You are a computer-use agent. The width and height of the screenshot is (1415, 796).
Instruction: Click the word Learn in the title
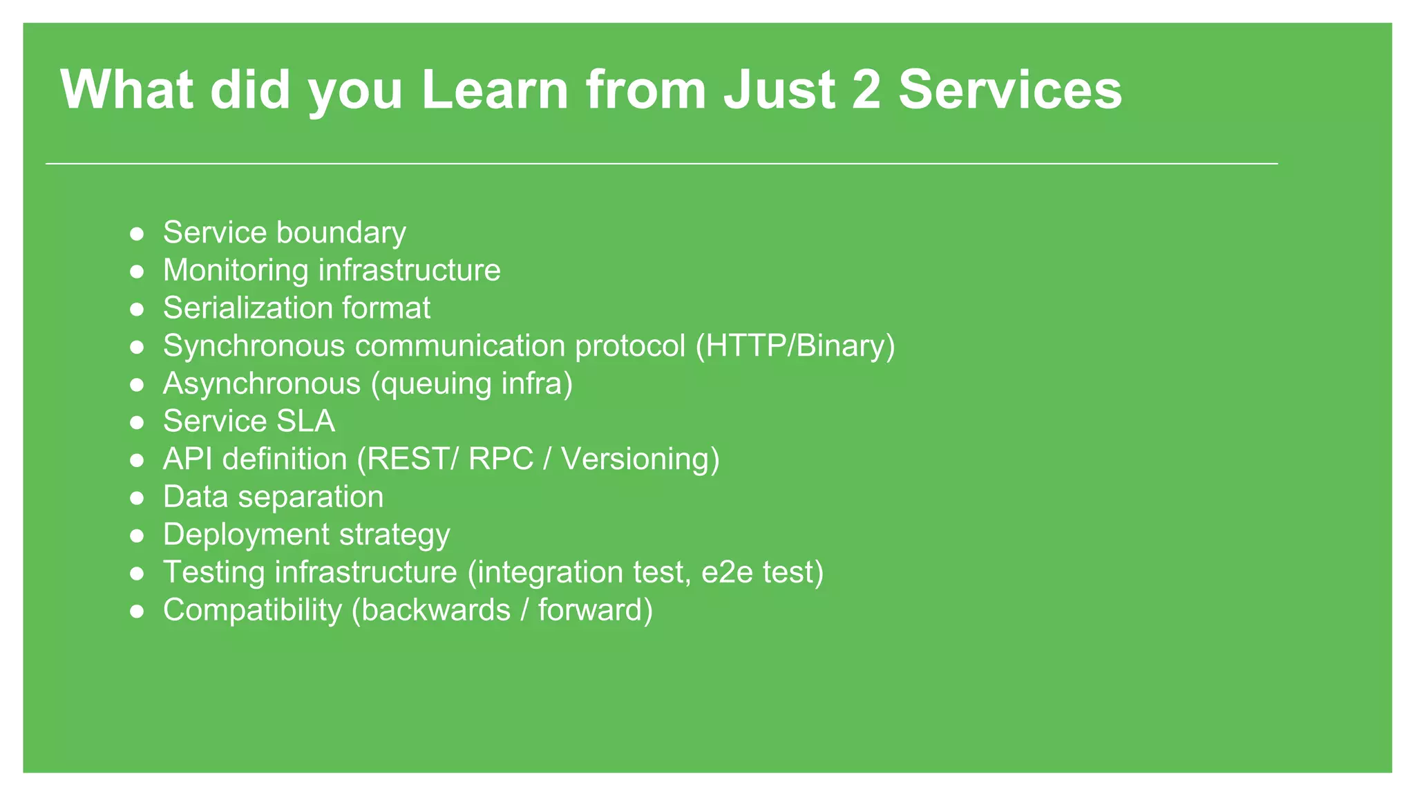click(x=494, y=90)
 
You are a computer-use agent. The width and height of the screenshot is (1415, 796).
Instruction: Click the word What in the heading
click(x=127, y=90)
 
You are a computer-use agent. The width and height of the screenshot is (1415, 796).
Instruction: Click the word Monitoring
click(x=236, y=270)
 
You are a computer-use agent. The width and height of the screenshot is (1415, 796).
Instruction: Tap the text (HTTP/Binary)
click(x=795, y=346)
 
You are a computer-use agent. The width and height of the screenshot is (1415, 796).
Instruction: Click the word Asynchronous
click(x=261, y=383)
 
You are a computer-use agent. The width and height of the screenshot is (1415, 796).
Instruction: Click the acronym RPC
click(x=501, y=459)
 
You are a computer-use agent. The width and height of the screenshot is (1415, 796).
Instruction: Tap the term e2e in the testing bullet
click(x=726, y=573)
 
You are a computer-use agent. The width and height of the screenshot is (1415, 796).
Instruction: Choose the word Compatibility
click(x=252, y=611)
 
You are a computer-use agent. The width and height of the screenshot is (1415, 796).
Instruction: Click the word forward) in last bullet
click(x=595, y=611)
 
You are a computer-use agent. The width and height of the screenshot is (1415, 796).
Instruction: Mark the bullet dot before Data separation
click(x=137, y=497)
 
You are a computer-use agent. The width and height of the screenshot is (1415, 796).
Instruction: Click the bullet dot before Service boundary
click(x=137, y=234)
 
